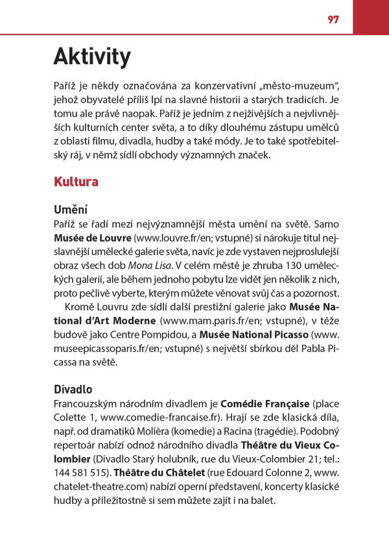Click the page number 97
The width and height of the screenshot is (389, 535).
[334, 19]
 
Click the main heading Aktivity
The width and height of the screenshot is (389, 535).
[91, 57]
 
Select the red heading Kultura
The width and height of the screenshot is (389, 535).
[76, 182]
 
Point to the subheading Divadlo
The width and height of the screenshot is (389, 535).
[73, 390]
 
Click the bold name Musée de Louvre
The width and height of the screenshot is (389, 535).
[93, 238]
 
